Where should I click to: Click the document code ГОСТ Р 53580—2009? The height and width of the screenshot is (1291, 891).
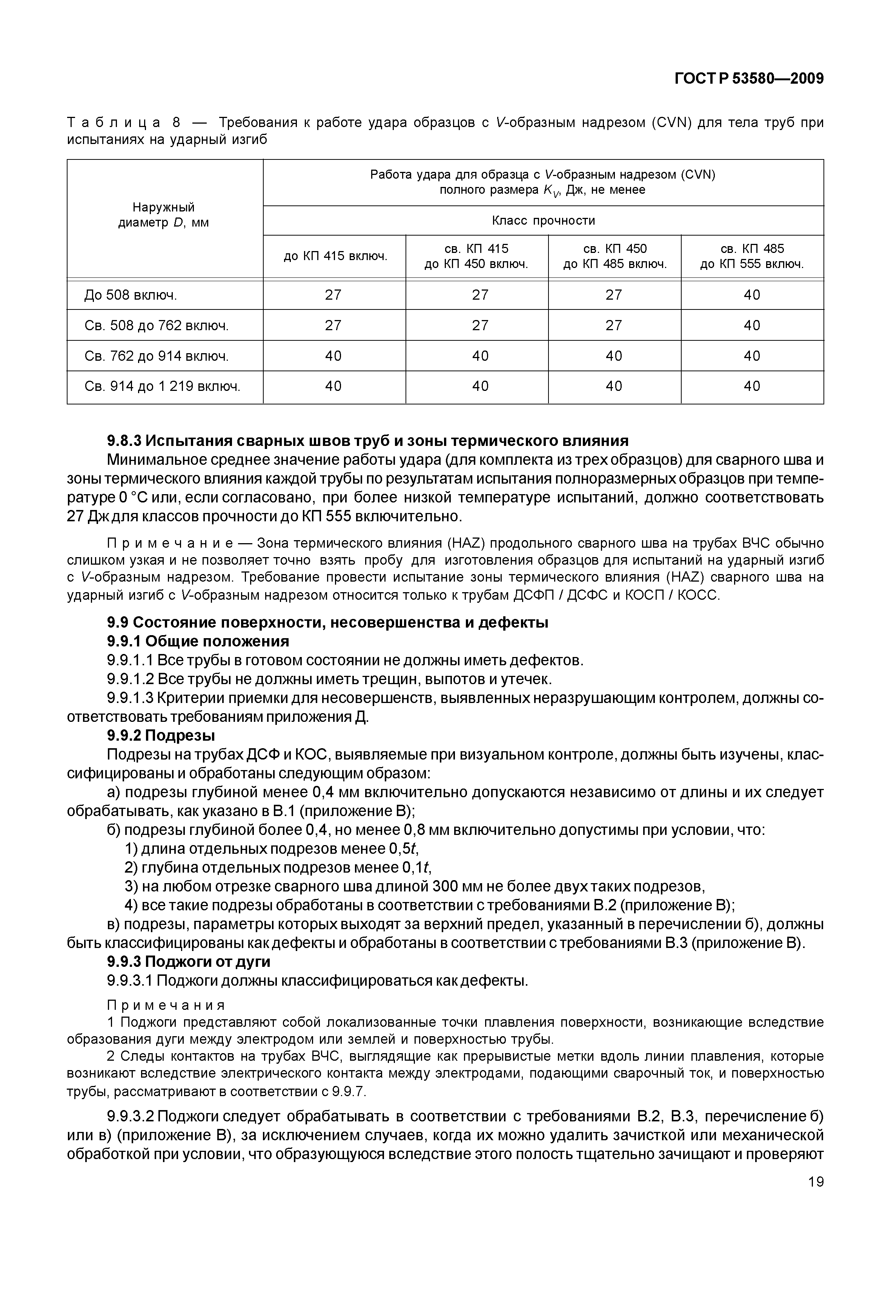coord(749,79)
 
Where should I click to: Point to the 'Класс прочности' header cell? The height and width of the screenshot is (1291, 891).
coord(543,221)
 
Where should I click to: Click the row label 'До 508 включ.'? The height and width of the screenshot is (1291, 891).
coord(131,295)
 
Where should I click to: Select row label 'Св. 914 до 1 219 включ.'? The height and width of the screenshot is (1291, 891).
coord(162,386)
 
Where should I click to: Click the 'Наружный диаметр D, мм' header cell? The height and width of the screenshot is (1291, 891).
coord(164,215)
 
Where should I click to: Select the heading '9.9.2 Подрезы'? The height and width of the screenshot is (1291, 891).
coord(161,735)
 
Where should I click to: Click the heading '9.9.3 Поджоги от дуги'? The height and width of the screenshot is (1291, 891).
coord(189,961)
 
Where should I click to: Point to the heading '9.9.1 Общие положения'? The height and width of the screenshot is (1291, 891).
coord(198,641)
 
